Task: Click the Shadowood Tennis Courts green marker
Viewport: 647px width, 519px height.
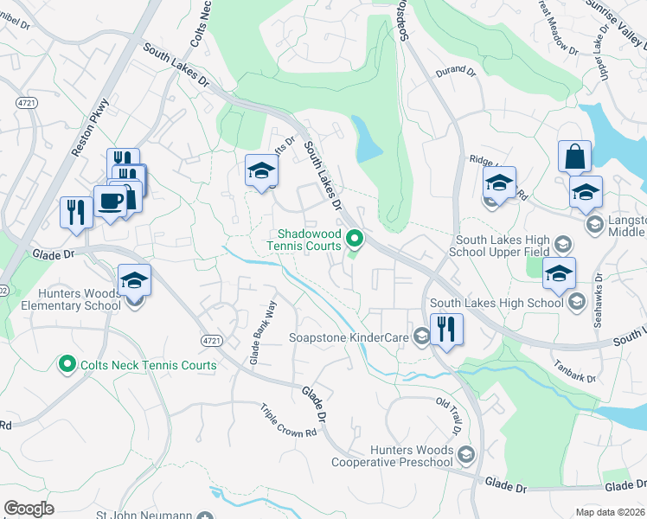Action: (354, 238)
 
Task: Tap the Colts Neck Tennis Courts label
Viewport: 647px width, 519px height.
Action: (148, 365)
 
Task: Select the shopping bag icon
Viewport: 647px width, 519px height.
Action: (574, 157)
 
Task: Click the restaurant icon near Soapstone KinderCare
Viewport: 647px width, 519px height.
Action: (446, 330)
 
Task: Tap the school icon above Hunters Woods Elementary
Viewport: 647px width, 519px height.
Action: (134, 280)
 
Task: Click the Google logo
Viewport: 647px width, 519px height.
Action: (29, 508)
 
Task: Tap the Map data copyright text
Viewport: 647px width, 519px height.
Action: (611, 511)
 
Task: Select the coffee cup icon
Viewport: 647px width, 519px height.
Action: (109, 202)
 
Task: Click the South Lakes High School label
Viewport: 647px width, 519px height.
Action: (496, 303)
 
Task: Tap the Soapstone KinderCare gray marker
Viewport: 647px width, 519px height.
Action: (421, 336)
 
